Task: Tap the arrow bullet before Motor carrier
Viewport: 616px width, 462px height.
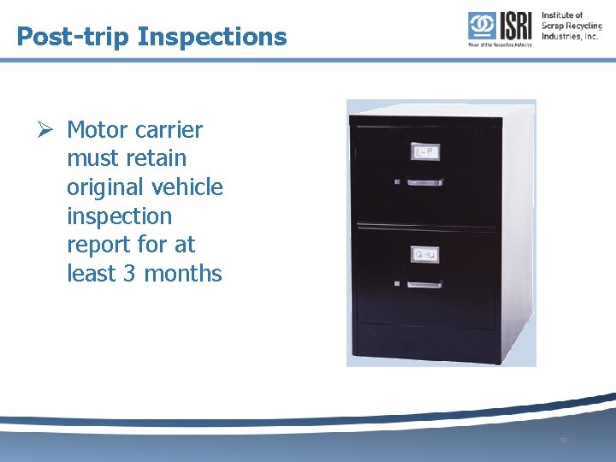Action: (x=48, y=130)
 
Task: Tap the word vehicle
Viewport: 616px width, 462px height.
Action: (x=188, y=187)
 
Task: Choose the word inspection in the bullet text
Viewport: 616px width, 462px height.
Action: (x=119, y=216)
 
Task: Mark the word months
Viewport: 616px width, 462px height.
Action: (x=183, y=274)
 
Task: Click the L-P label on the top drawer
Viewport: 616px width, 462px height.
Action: (x=424, y=152)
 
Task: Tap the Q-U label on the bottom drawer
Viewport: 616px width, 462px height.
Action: (x=424, y=255)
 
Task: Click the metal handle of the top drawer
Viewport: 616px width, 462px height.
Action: (x=423, y=181)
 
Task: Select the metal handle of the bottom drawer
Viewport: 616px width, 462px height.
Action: (x=423, y=283)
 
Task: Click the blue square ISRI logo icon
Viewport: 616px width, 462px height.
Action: (x=480, y=26)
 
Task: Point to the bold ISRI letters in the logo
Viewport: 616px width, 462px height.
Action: (x=515, y=26)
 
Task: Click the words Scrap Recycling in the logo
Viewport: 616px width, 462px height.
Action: (x=572, y=26)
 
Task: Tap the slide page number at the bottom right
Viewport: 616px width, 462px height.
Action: (x=562, y=441)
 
